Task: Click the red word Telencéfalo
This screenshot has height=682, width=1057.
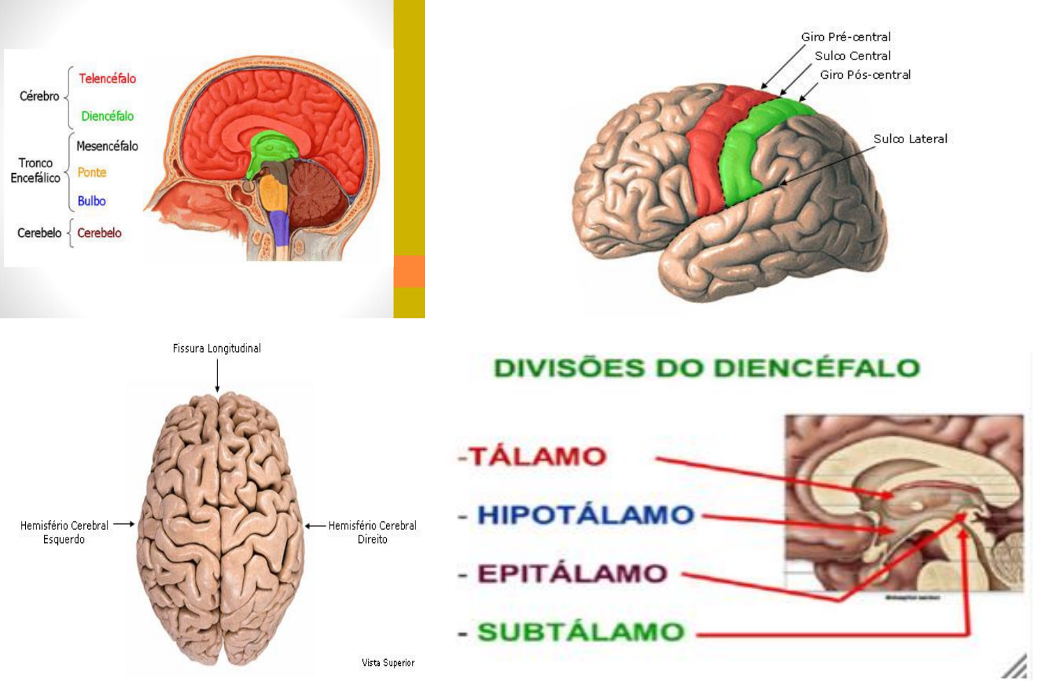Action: click(x=107, y=79)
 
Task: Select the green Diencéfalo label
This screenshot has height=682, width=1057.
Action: click(x=107, y=116)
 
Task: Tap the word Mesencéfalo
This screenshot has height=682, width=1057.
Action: click(x=107, y=146)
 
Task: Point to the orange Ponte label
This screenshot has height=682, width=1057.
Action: click(x=91, y=172)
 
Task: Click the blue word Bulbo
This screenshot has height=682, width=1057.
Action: click(x=91, y=201)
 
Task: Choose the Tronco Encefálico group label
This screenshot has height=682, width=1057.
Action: click(x=35, y=170)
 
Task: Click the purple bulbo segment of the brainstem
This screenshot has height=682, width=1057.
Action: click(x=279, y=228)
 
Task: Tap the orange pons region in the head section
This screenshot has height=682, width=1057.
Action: click(x=272, y=191)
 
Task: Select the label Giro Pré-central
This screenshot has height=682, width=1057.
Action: click(x=845, y=37)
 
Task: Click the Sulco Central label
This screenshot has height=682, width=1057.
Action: click(x=852, y=56)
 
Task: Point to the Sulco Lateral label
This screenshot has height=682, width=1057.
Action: click(x=910, y=139)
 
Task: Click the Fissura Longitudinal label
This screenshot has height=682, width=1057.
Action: click(x=216, y=348)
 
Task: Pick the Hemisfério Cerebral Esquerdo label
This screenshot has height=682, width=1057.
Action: click(x=64, y=532)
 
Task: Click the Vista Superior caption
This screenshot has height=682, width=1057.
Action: click(x=387, y=662)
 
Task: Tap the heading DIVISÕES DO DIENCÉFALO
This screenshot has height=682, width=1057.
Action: click(x=707, y=368)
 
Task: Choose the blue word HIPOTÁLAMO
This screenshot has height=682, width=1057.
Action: click(x=585, y=515)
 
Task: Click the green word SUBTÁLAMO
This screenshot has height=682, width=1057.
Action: click(x=580, y=632)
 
